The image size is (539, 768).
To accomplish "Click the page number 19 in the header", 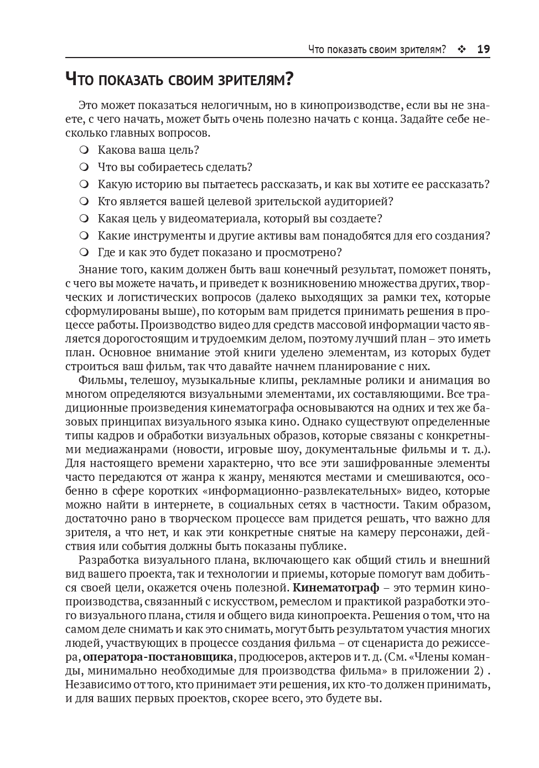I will (483, 49).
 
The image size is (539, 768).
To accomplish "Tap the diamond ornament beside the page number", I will (462, 49).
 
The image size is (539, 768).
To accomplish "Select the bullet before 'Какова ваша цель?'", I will (84, 150).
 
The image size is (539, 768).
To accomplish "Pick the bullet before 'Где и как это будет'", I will (84, 253).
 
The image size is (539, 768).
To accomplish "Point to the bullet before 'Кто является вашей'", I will (84, 201).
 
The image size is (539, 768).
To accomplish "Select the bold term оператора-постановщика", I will (158, 657).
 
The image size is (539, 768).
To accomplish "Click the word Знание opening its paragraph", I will (99, 270).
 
